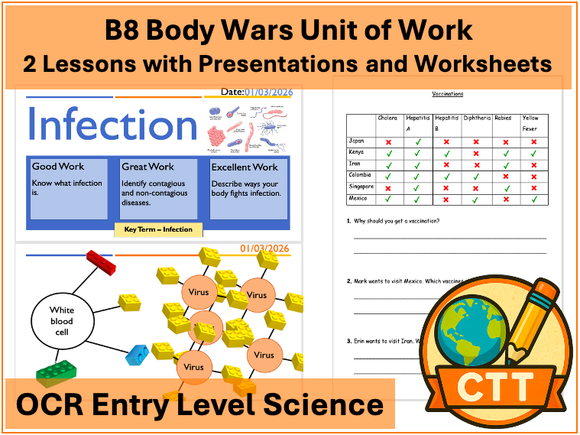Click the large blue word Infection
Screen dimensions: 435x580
tap(113, 125)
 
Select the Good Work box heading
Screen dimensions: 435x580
tap(58, 167)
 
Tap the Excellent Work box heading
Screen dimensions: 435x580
tap(245, 167)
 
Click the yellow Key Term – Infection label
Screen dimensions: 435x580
tap(159, 229)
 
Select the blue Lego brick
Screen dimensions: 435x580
tap(138, 354)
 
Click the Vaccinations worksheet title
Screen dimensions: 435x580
tap(447, 94)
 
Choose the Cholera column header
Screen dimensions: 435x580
tap(388, 118)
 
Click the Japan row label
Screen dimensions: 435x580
tap(357, 141)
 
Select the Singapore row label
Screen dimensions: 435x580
tap(361, 187)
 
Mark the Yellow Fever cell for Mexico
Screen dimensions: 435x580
tap(533, 199)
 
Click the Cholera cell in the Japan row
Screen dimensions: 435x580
tap(388, 141)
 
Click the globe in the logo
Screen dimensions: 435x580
tap(469, 320)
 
